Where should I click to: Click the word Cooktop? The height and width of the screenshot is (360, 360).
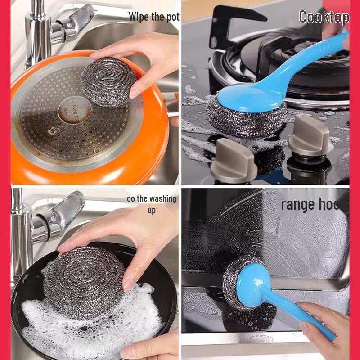[x=324, y=17]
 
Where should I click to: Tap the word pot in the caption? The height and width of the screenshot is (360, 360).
[x=172, y=17]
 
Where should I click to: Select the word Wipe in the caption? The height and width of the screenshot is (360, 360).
[x=139, y=17]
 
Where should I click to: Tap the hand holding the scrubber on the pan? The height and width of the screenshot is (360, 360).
[x=144, y=58]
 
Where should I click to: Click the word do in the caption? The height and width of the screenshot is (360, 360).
[x=131, y=198]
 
